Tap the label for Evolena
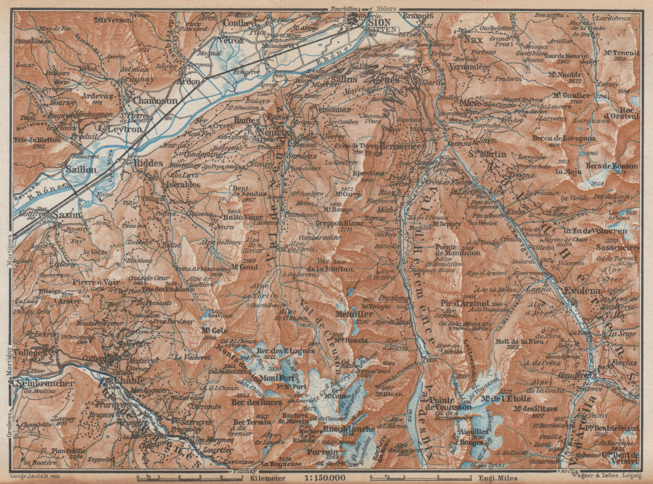click(583, 291)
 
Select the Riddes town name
click(148, 162)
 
